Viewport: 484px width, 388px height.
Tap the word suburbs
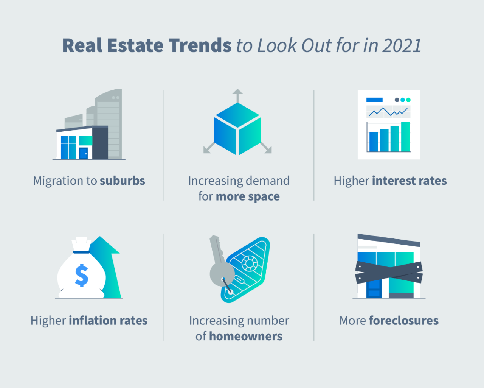pos(123,181)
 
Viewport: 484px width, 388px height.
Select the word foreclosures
pos(404,321)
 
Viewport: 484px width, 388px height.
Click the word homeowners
pos(246,336)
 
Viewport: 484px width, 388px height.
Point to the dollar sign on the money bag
pos(81,275)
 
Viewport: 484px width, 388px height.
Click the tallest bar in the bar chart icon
pos(405,137)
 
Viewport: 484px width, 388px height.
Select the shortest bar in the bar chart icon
pos(374,142)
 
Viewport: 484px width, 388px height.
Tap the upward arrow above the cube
pos(237,96)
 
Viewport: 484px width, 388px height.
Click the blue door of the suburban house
pos(83,153)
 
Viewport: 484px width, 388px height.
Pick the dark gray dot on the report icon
pos(397,100)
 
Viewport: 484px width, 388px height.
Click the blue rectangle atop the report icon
pos(374,100)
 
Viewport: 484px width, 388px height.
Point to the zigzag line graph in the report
pos(388,112)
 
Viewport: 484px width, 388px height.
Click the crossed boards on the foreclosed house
pos(389,272)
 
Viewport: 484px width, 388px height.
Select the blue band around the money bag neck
pos(81,252)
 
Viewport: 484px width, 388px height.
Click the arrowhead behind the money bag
pos(105,245)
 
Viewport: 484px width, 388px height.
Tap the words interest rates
pos(410,181)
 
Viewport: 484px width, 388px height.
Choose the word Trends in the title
pos(200,46)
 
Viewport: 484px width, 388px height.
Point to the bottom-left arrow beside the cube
pos(209,148)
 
